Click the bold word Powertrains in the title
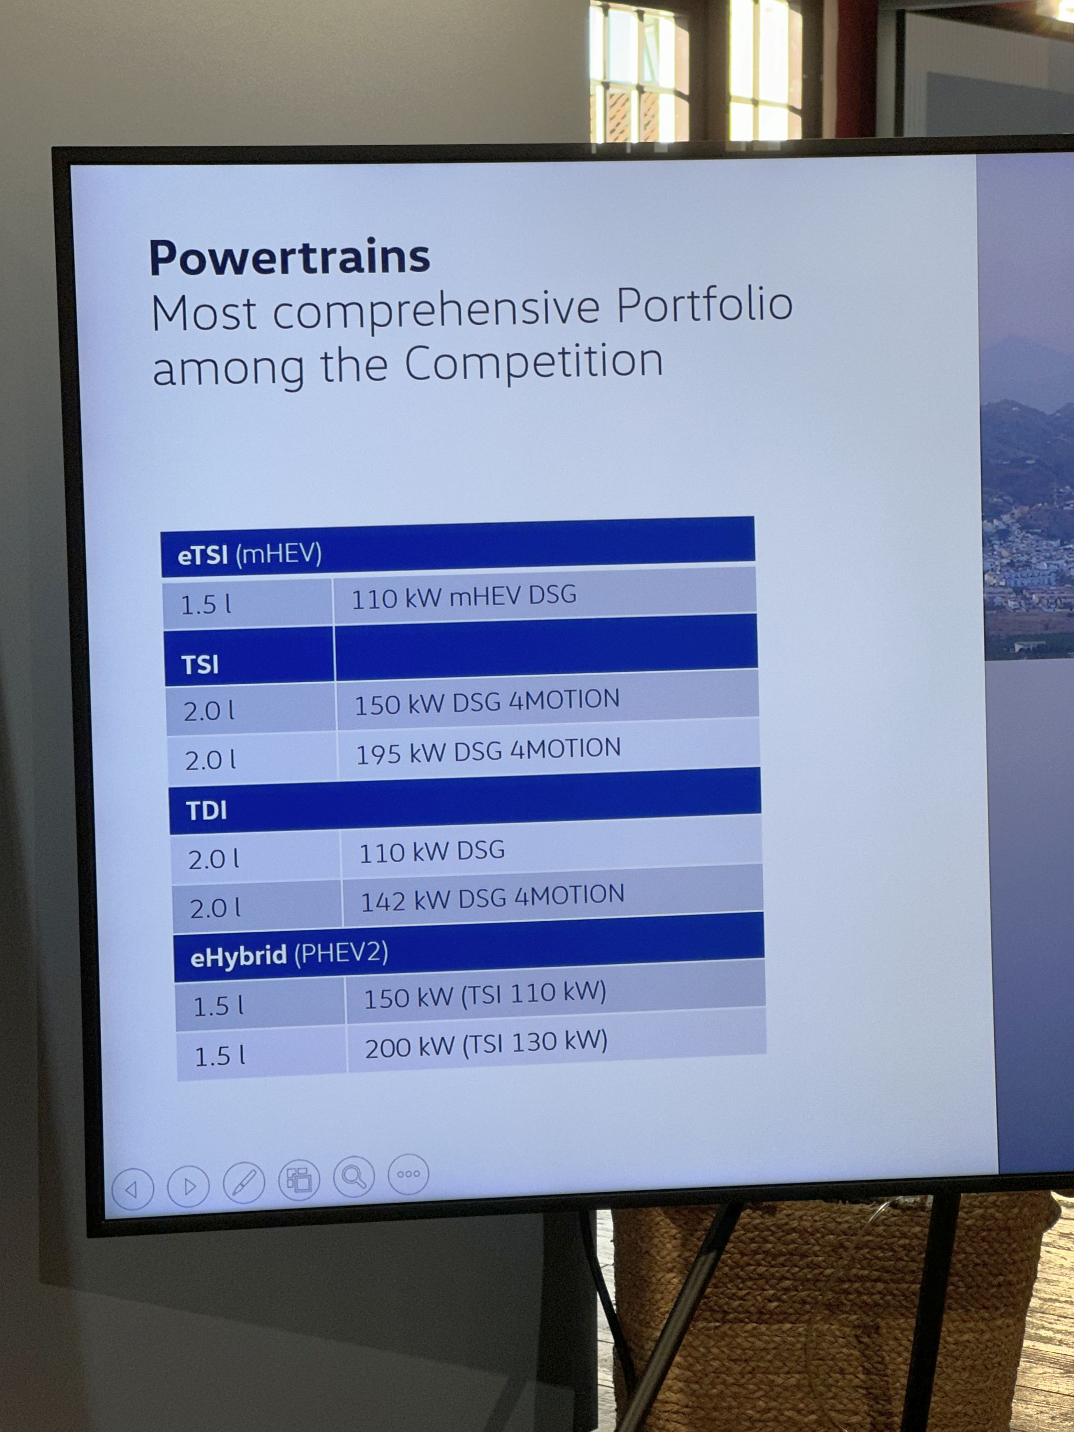tap(289, 257)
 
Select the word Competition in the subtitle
tap(534, 362)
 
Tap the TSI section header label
tap(200, 665)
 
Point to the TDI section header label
tap(207, 811)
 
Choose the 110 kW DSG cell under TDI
tap(432, 852)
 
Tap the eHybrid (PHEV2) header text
tap(289, 955)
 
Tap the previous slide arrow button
tap(132, 1189)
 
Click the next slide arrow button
tap(188, 1186)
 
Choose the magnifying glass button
tap(353, 1176)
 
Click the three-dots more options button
tap(409, 1173)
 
